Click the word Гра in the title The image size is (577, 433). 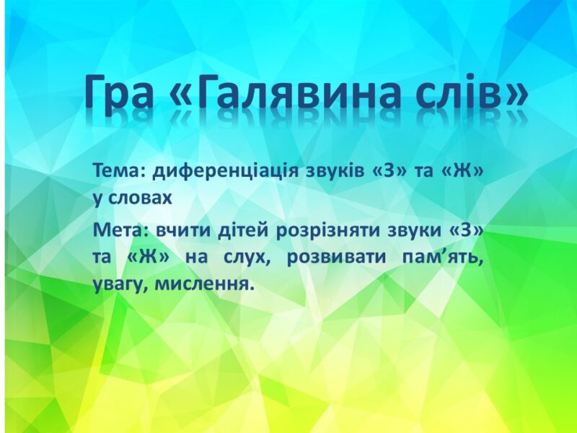(x=118, y=93)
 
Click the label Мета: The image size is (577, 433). (x=120, y=230)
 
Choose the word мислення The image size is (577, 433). (x=205, y=284)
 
